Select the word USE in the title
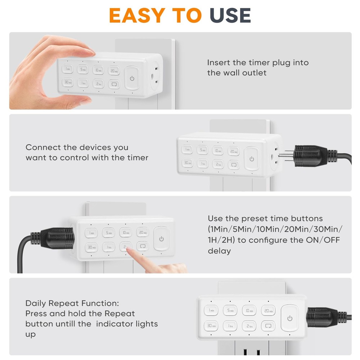[230, 15]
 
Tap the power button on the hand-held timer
[132, 78]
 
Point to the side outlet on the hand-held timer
[156, 75]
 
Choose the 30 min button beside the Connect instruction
[187, 163]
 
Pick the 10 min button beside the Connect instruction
[217, 151]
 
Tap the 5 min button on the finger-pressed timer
[108, 233]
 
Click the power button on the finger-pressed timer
[161, 239]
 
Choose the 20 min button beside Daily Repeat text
[268, 310]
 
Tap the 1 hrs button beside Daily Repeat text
[230, 326]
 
